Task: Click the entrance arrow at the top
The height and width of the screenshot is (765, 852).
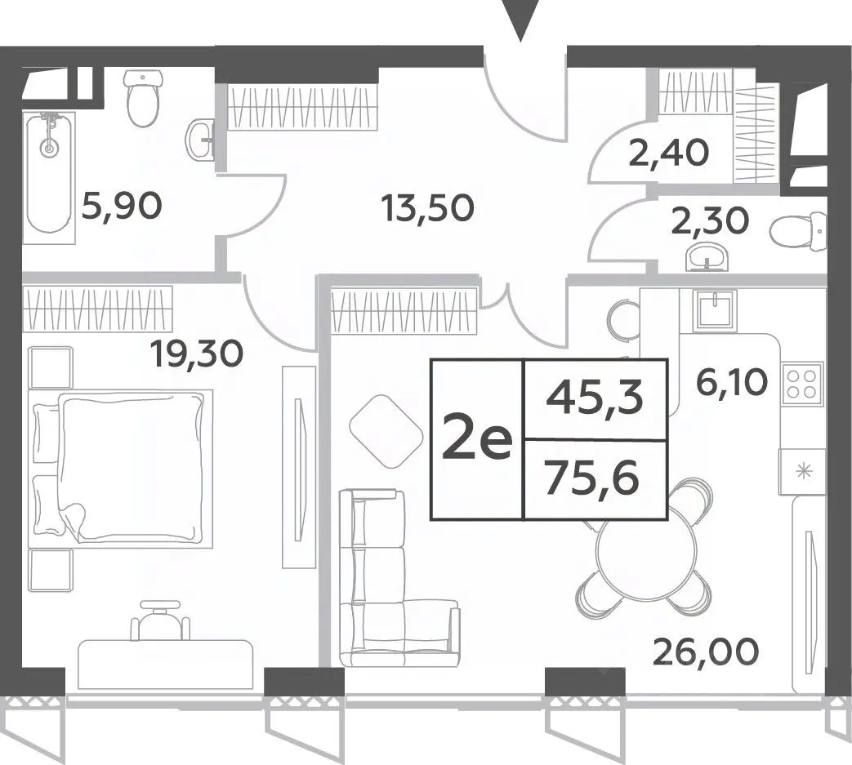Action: click(520, 19)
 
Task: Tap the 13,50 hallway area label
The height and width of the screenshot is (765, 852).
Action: click(427, 208)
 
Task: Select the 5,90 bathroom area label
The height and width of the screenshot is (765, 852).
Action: click(121, 207)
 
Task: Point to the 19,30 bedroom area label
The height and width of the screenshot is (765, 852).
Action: click(197, 355)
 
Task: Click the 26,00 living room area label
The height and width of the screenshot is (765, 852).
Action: click(705, 652)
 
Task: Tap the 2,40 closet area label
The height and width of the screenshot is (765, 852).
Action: click(669, 153)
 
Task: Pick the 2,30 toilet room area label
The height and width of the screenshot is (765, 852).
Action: click(710, 221)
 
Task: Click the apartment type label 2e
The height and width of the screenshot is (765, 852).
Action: click(477, 439)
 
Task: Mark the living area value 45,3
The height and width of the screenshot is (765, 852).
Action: click(595, 399)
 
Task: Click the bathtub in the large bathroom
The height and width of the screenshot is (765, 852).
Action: click(49, 177)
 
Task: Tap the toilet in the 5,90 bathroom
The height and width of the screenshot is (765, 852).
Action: click(144, 98)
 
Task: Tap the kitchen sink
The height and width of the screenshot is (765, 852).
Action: click(715, 310)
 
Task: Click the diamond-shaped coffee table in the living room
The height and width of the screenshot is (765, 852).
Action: click(386, 431)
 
